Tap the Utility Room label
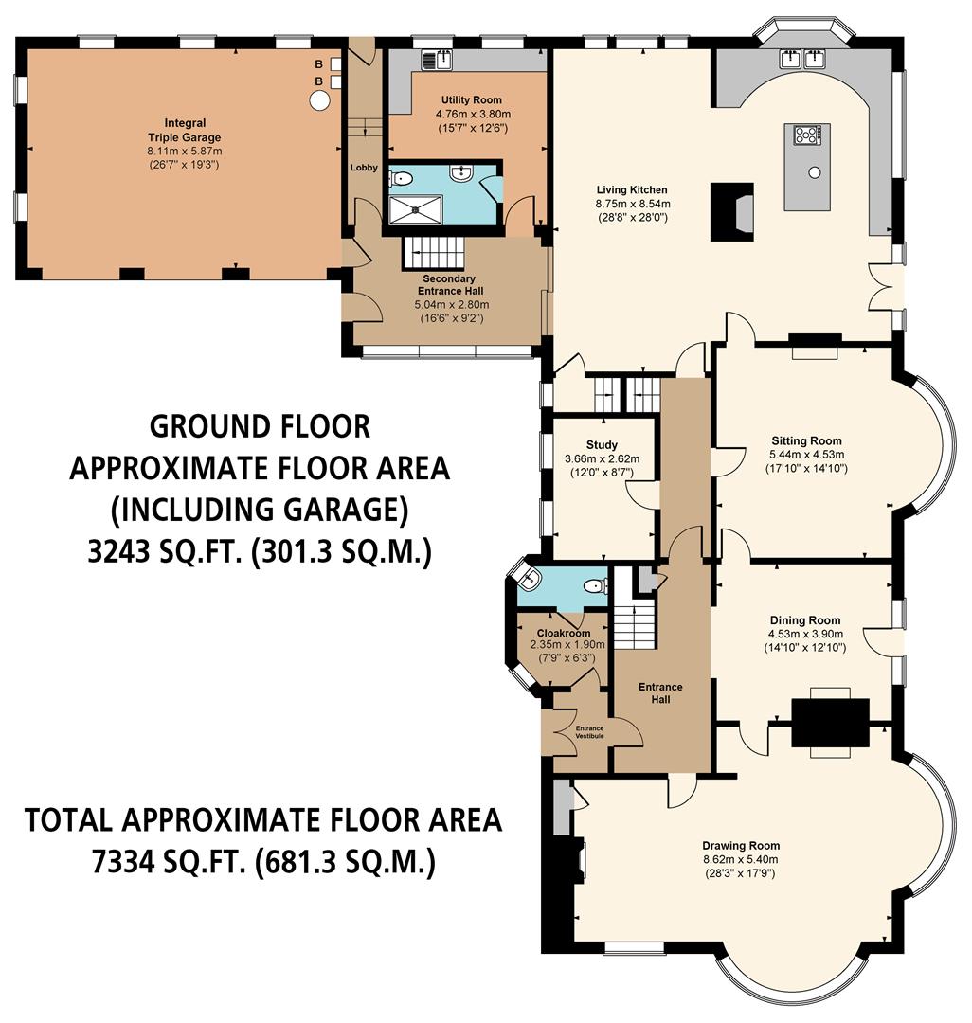(471, 100)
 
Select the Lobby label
(364, 168)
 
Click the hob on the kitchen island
(807, 135)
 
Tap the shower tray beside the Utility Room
(415, 207)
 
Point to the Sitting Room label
(806, 440)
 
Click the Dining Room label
(805, 620)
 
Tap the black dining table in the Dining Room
(830, 722)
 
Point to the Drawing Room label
(741, 846)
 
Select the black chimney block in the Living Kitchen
(731, 211)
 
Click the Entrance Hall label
(659, 692)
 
